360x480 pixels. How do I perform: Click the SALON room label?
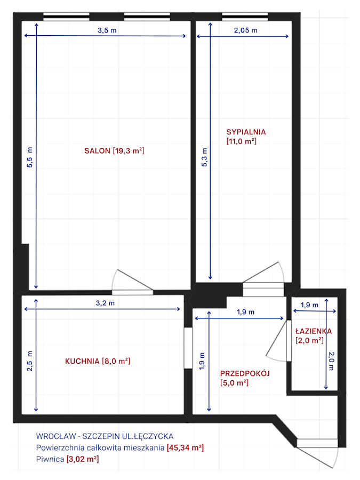click(98, 151)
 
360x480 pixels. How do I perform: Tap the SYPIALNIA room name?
click(246, 132)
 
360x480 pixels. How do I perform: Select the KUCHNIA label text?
click(82, 361)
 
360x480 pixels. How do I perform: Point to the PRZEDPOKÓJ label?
click(245, 373)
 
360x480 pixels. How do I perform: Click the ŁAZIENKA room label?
click(314, 331)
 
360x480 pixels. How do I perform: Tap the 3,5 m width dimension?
click(107, 30)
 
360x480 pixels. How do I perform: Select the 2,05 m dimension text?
click(245, 30)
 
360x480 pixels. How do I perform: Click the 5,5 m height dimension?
click(30, 157)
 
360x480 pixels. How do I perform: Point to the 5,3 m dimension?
click(204, 157)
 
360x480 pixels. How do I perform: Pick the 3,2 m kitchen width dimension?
click(105, 303)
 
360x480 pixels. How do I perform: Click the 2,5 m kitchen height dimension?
click(30, 361)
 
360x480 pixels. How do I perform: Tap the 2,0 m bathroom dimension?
click(331, 361)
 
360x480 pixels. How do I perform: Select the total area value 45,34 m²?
click(185, 448)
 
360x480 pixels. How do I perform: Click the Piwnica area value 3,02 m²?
click(83, 459)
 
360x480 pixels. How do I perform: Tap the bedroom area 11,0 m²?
click(241, 141)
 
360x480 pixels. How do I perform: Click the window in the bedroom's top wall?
click(245, 17)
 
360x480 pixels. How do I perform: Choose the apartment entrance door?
click(317, 452)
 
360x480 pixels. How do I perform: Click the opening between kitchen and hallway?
click(188, 348)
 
